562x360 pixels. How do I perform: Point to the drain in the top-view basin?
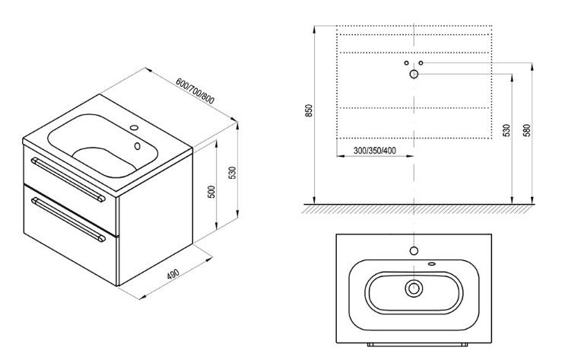(414, 288)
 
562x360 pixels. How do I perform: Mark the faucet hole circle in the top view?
(414, 251)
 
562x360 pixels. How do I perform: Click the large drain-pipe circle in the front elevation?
(414, 74)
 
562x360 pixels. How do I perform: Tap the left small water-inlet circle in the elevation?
(406, 62)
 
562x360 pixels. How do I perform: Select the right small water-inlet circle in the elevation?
(421, 62)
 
